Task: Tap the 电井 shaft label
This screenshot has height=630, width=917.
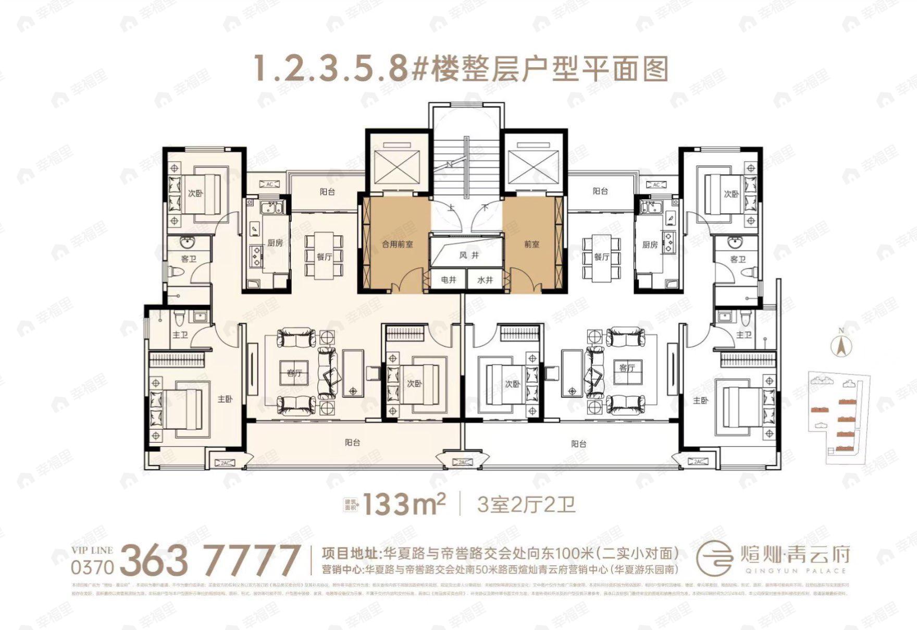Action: pos(449,280)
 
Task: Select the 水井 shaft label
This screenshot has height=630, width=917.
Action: pos(485,280)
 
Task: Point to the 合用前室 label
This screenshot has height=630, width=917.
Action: pos(398,244)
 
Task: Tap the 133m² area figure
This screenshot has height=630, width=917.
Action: pos(404,504)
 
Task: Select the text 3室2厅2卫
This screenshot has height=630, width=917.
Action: pos(526,504)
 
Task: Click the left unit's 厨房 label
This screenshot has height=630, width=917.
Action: pos(275,243)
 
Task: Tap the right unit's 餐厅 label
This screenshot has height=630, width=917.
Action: pos(601,257)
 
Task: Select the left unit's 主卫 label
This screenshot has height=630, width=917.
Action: pos(180,335)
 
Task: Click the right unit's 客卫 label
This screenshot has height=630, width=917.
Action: pos(738,259)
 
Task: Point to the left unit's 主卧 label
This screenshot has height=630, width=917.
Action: pos(225,399)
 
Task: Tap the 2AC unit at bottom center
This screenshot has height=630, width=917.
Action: pos(463,462)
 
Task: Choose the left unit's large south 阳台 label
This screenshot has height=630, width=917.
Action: pos(352,443)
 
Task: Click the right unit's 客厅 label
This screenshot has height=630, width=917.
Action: pos(627,368)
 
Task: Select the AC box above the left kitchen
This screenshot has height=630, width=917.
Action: pos(269,184)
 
